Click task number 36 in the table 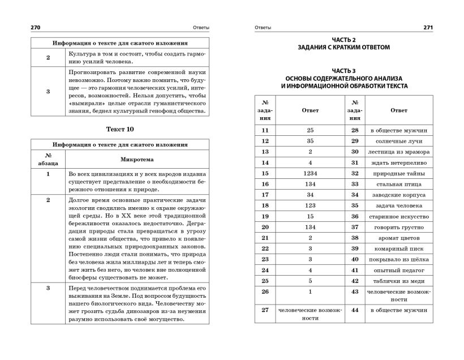355,216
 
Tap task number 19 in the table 265,216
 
